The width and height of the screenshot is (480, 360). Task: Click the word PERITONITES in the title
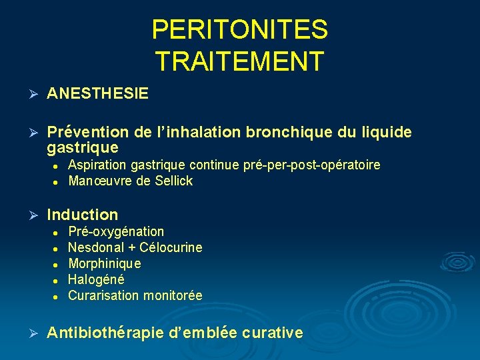pyautogui.click(x=239, y=29)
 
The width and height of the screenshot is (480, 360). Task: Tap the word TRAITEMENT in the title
pyautogui.click(x=239, y=61)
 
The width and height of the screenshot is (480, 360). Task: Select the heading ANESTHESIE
pyautogui.click(x=98, y=94)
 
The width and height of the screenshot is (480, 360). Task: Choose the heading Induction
pyautogui.click(x=83, y=215)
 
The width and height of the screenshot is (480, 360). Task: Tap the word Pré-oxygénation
pyautogui.click(x=116, y=231)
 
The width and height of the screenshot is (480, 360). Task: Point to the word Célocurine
pyautogui.click(x=171, y=247)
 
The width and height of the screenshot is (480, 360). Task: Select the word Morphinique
pyautogui.click(x=105, y=263)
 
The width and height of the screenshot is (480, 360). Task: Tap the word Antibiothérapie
pyautogui.click(x=105, y=333)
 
